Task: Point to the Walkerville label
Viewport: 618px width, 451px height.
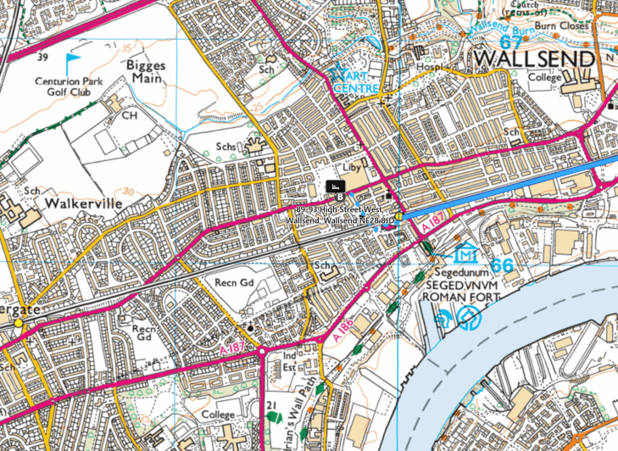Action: [86, 204]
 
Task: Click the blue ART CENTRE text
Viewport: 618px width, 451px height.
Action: [356, 82]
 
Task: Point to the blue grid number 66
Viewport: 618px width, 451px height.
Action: [502, 264]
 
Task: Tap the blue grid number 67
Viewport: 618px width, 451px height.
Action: [511, 40]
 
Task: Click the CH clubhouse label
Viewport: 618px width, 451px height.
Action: [129, 114]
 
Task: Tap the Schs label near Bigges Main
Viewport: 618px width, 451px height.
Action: [226, 147]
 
